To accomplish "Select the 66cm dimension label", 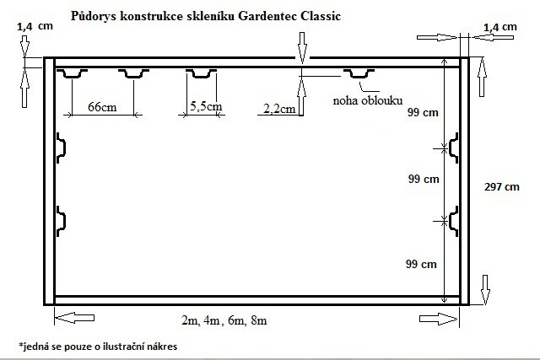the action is pos(102,107).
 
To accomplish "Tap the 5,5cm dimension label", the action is pos(206,106).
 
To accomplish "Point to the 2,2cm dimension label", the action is pos(279,109).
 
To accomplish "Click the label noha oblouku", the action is pos(368,100).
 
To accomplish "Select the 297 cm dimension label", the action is pos(502,187).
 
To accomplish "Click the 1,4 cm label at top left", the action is pos(35,26).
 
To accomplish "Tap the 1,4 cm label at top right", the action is pos(500,27).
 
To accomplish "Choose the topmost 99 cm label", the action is pos(423,112).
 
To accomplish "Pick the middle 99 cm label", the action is pos(424,179).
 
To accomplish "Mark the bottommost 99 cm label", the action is pos(421,264).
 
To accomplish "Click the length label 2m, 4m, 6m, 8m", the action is pos(224,320).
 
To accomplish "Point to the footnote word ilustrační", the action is pos(121,347).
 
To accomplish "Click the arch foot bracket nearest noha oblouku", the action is pos(359,73).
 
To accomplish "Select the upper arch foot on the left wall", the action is pos(61,148).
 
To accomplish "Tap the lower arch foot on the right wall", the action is pos(454,221).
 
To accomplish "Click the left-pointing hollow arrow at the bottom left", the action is pos(74,318).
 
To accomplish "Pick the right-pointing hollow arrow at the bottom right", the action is pos(439,319).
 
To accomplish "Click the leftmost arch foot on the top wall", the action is pos(72,73).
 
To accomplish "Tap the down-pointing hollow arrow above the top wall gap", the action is pos(302,48).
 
